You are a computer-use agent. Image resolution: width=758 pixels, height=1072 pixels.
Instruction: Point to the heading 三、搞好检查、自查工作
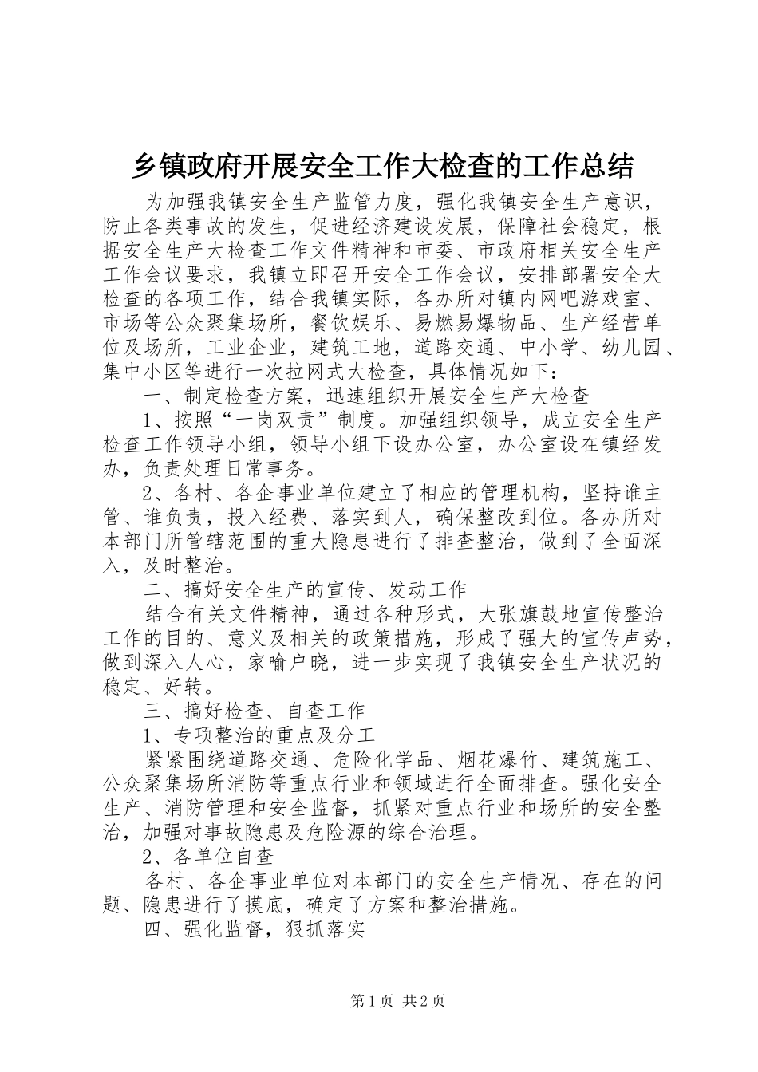[253, 711]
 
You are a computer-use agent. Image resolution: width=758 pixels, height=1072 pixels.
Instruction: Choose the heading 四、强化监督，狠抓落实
[253, 930]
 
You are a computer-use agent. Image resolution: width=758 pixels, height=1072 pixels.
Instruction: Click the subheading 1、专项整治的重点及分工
[259, 735]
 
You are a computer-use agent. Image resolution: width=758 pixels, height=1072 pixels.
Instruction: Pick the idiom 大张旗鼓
[517, 614]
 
